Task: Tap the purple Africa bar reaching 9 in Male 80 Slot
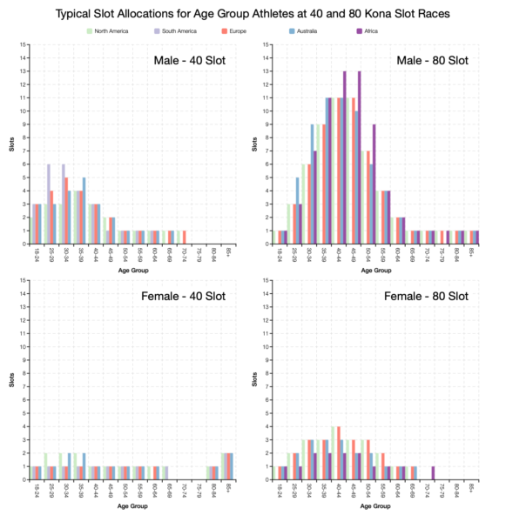374,184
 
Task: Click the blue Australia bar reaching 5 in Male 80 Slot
297,211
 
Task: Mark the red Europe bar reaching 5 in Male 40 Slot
66,211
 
